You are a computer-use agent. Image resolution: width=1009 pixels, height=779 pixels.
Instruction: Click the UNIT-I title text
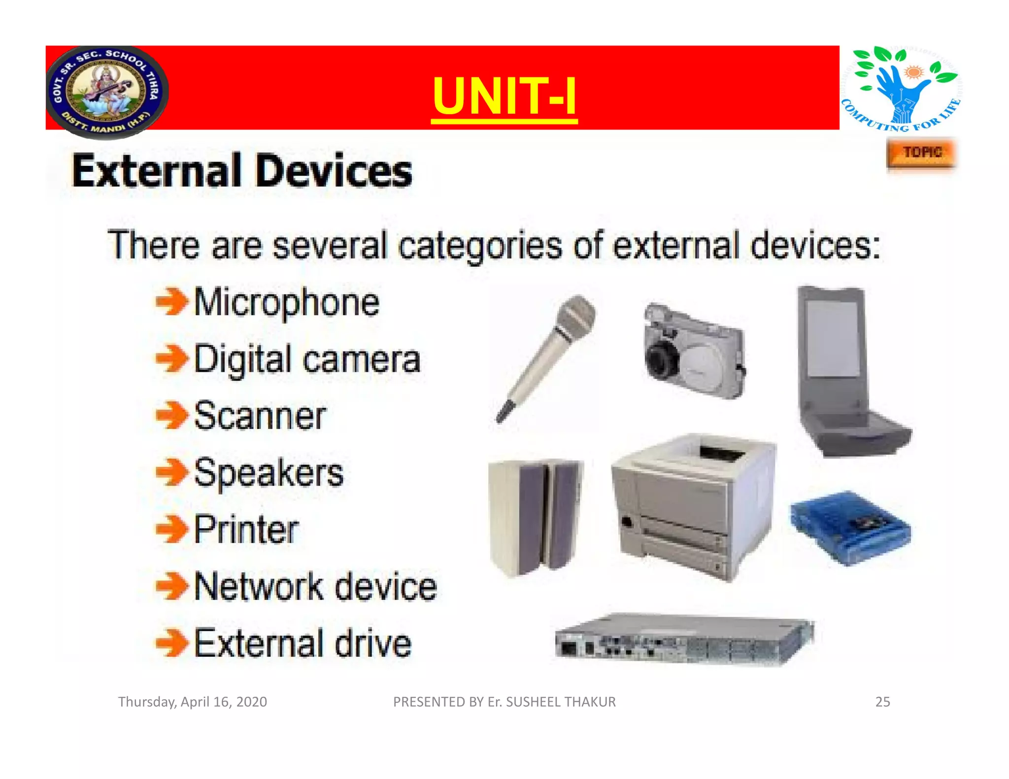click(504, 96)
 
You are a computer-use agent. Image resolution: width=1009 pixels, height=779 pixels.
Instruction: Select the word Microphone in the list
click(287, 302)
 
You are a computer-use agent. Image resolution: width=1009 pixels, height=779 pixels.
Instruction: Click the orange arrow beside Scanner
click(171, 416)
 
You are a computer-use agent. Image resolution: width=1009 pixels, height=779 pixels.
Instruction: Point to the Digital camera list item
click(307, 359)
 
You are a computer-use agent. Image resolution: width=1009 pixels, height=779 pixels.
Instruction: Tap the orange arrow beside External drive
click(171, 643)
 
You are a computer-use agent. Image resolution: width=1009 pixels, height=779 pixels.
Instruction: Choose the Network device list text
click(315, 586)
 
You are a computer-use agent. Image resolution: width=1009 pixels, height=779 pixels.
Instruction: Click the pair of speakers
click(536, 517)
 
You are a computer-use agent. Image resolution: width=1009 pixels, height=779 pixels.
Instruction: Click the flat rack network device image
click(685, 640)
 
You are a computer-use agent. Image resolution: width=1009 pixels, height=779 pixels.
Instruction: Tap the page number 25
click(882, 702)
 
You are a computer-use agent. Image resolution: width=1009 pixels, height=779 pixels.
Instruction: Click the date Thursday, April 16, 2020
click(192, 702)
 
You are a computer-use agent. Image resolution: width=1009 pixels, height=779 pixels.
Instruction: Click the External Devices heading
click(242, 171)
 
